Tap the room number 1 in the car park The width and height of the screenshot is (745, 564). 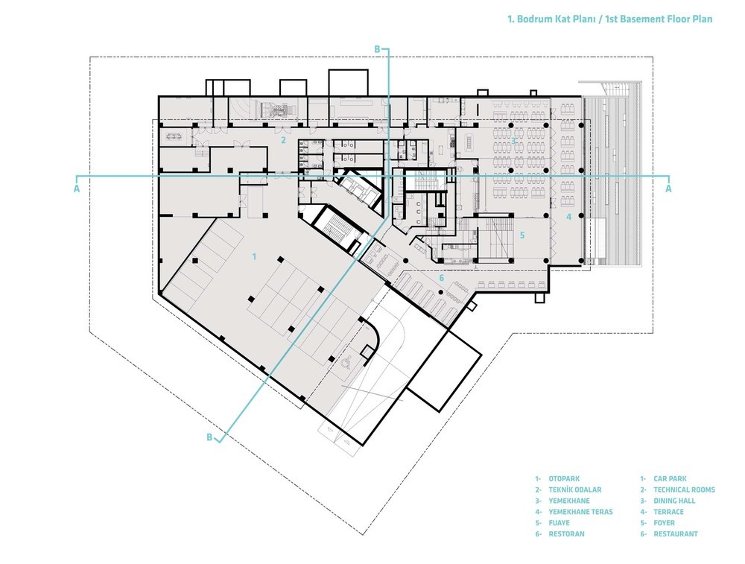255,256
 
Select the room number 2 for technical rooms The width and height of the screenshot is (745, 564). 283,140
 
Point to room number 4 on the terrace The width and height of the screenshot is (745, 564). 568,217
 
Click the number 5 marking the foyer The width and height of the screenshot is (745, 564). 521,235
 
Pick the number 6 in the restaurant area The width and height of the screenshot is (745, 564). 441,278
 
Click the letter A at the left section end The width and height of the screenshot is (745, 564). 77,188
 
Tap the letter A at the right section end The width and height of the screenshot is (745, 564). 668,188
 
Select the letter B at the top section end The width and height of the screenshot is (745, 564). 377,49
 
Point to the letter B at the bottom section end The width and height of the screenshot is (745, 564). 209,437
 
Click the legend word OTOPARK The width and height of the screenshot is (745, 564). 564,479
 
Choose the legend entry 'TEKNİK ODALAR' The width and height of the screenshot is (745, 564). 575,490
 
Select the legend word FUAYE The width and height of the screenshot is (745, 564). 559,523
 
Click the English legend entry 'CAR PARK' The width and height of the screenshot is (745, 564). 670,479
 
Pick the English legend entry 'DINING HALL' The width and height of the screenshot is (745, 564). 674,501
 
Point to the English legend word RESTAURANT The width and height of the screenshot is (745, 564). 676,533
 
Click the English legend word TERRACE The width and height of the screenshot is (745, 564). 668,512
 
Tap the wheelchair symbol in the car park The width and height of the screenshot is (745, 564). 346,364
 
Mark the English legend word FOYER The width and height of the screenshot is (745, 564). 665,523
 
